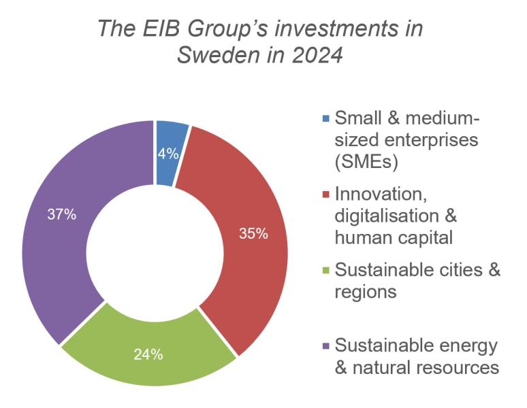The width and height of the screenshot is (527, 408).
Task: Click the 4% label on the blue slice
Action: click(x=167, y=154)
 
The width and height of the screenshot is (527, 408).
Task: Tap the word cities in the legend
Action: click(x=456, y=270)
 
